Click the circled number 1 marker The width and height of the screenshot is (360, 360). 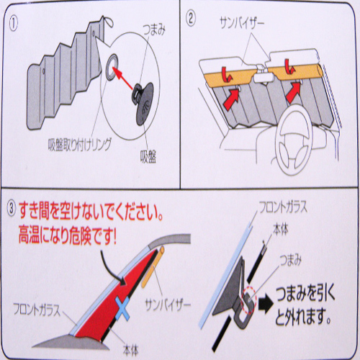(x=14, y=24)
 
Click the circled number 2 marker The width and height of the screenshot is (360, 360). (x=191, y=19)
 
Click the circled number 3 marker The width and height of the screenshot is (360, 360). (x=12, y=208)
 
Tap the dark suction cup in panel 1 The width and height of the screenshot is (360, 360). (x=143, y=103)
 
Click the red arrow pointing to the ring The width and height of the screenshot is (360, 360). (x=123, y=78)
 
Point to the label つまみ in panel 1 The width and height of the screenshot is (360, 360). (x=154, y=30)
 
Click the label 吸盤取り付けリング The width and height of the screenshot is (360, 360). (x=80, y=145)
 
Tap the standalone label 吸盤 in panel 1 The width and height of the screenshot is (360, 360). (x=148, y=157)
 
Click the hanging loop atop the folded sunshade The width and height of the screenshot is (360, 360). (x=109, y=21)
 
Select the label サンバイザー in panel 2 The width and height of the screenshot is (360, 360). (x=242, y=23)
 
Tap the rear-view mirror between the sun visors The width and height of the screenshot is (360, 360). (x=264, y=78)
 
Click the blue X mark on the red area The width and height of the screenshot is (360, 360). (x=122, y=308)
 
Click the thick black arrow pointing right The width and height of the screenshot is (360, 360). (x=266, y=305)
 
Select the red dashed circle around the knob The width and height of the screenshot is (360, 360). (x=249, y=300)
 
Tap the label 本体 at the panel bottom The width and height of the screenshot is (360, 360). (x=130, y=351)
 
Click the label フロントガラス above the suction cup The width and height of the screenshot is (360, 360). (x=283, y=207)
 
